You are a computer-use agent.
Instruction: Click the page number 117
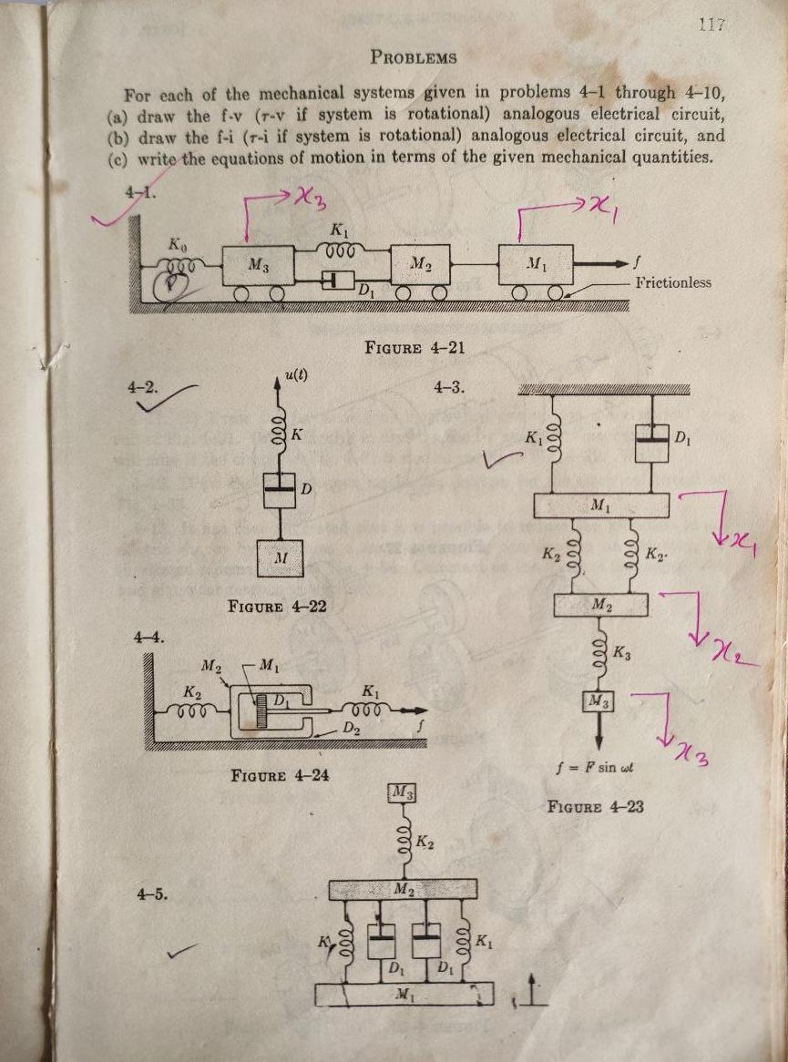pos(711,26)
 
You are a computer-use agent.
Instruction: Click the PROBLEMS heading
pos(414,57)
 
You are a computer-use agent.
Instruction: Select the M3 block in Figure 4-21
pos(258,266)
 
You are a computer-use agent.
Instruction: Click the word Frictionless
pos(673,282)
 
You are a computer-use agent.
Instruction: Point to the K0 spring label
pos(176,245)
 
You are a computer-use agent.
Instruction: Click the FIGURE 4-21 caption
pos(411,347)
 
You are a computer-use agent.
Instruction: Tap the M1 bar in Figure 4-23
pos(601,505)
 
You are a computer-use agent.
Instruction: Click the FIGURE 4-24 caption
pos(280,776)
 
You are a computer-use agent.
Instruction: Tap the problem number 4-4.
pos(145,637)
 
